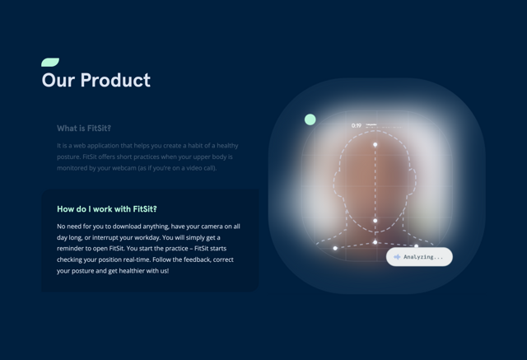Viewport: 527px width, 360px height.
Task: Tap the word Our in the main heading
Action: (x=59, y=80)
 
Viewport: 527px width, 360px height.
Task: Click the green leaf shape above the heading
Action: (x=50, y=63)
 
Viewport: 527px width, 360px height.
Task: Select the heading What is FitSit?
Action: (x=84, y=129)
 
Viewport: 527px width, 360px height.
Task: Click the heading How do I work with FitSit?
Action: (x=107, y=209)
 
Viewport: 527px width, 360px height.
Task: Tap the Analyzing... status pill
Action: (x=419, y=257)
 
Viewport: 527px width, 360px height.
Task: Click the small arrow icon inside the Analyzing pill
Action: (x=397, y=257)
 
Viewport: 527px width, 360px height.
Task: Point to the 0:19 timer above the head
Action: (x=357, y=126)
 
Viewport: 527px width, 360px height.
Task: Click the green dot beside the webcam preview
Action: (x=310, y=119)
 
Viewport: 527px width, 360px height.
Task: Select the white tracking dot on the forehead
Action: (x=375, y=145)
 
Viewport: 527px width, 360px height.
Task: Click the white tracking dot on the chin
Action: (x=375, y=221)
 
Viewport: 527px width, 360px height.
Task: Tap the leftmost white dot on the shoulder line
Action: (x=335, y=248)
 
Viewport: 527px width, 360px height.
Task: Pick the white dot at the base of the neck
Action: (x=375, y=242)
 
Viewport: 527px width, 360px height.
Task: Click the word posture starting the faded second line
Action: (x=69, y=157)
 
